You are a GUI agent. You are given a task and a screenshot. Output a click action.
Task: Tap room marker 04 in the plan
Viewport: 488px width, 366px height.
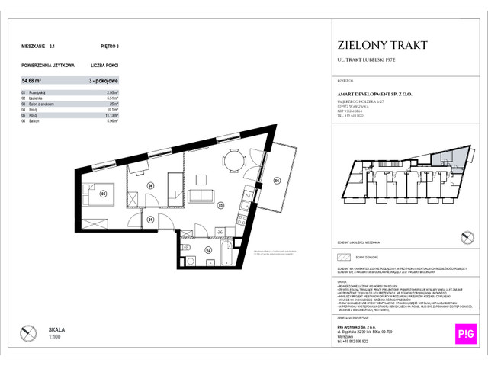click(x=151, y=185)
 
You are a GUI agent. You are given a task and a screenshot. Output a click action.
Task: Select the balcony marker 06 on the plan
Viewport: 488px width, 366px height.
click(x=277, y=181)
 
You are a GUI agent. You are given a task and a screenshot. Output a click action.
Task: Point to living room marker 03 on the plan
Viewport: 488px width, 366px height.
click(x=220, y=204)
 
